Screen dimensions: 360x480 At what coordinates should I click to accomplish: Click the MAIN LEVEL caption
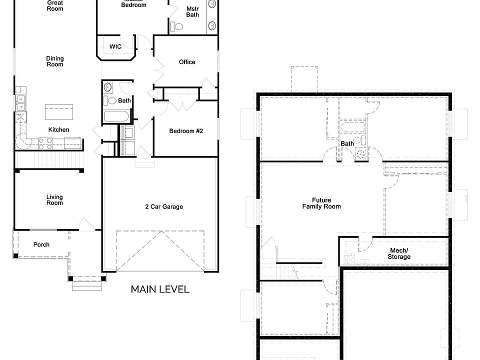(160, 289)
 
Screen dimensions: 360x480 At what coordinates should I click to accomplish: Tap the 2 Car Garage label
(164, 206)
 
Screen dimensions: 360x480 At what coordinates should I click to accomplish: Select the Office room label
(187, 62)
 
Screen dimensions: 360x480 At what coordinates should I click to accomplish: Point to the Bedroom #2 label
(186, 131)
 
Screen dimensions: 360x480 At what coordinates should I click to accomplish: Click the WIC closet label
(115, 47)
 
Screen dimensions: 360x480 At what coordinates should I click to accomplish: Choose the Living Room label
(55, 200)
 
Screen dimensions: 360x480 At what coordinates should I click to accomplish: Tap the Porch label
(41, 244)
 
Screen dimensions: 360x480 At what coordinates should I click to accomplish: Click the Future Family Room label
(321, 203)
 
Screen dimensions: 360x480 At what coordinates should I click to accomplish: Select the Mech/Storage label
(399, 253)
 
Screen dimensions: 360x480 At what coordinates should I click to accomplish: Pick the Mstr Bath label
(192, 12)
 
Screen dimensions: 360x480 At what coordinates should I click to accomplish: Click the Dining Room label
(55, 61)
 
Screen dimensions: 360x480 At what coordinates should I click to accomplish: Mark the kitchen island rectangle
(59, 112)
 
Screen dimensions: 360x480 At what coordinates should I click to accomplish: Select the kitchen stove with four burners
(45, 143)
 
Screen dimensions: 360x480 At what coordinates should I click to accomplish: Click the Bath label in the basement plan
(347, 143)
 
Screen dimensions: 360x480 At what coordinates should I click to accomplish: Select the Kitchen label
(59, 130)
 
